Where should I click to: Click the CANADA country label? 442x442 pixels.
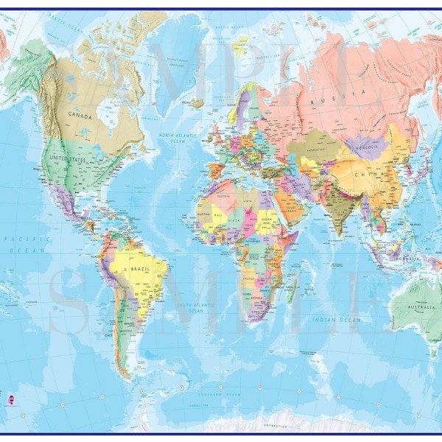(x=80, y=115)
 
